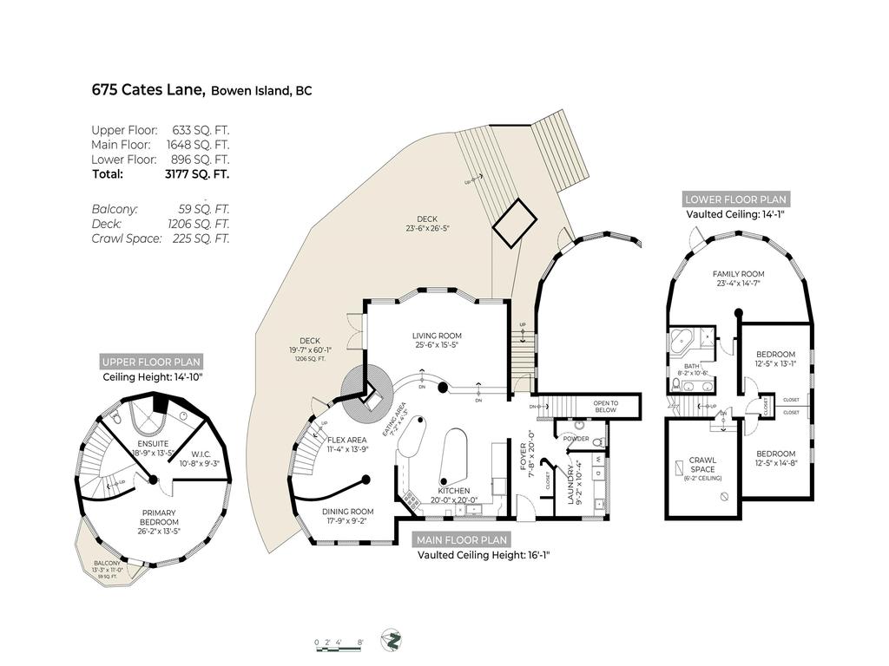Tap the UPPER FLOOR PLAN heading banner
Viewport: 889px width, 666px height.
point(151,362)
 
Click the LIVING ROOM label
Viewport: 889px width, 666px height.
point(436,336)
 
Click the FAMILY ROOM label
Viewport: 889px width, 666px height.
point(738,274)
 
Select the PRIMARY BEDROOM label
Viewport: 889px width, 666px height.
point(159,517)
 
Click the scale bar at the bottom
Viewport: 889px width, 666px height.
point(339,643)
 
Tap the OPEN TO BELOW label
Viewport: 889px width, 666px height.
point(605,406)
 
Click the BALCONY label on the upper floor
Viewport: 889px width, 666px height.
point(108,564)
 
